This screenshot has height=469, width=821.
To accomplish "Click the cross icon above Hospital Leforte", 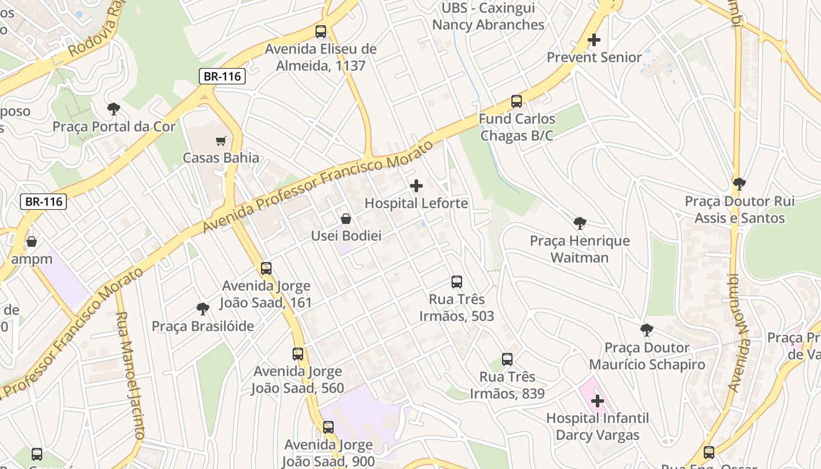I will [416, 186].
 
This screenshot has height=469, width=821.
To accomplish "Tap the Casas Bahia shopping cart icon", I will [221, 141].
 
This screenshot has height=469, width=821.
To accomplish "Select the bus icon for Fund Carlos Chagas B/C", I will [517, 101].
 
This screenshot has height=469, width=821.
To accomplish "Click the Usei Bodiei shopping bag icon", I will [347, 219].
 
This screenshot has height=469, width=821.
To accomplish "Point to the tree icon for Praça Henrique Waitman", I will [580, 223].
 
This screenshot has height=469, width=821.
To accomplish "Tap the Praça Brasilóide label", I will [203, 326].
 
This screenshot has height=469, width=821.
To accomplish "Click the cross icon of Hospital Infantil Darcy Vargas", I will [598, 402].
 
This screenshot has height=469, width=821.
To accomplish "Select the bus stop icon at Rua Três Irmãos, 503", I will [457, 282].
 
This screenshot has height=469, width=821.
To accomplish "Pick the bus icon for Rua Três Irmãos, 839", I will [507, 359].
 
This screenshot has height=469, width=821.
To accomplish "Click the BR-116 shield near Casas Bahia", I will [221, 76].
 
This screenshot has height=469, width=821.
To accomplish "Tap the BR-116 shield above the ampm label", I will [44, 202].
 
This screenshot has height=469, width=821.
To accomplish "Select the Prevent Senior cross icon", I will [594, 40].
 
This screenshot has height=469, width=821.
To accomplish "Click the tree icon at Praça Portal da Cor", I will [114, 109].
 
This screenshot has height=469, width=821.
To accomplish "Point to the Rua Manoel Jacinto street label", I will [130, 375].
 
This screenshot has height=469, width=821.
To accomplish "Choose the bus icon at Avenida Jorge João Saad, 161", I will [266, 269].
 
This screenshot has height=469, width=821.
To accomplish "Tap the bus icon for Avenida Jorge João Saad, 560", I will [298, 354].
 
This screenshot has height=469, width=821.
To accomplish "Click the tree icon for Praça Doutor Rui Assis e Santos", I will [739, 184].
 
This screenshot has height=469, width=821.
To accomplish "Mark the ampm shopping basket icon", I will [32, 242].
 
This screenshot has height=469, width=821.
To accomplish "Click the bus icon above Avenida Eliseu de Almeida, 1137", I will [321, 32].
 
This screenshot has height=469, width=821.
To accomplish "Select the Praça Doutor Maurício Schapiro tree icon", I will [647, 330].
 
